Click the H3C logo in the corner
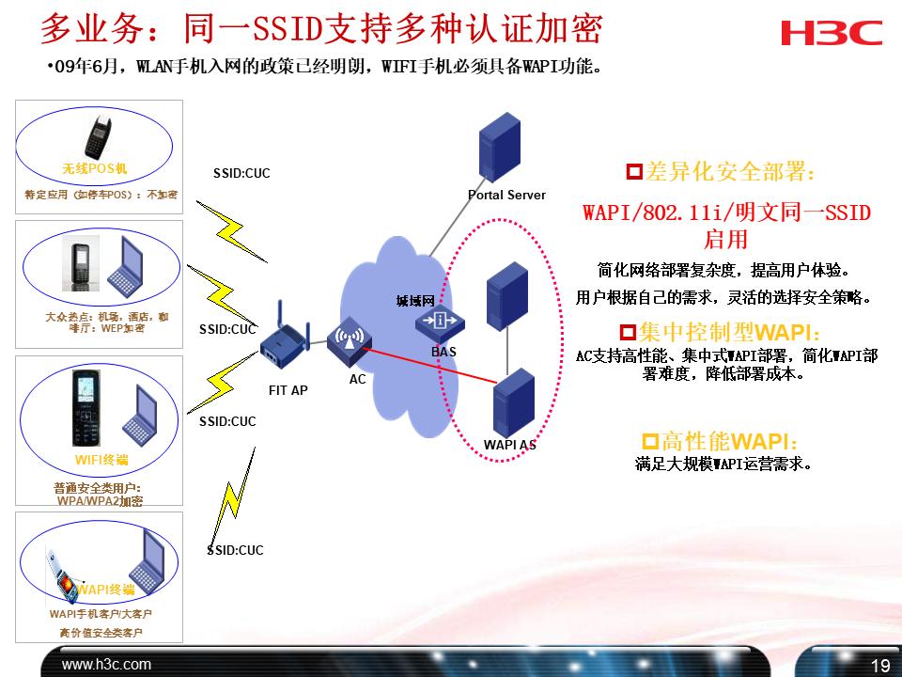click(x=831, y=33)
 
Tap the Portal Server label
click(x=506, y=195)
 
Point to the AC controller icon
click(x=348, y=344)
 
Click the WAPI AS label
click(x=509, y=445)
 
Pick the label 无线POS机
click(x=94, y=169)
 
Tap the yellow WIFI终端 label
click(x=101, y=460)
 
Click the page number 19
click(x=880, y=667)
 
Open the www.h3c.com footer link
click(x=106, y=665)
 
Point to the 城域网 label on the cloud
click(x=415, y=301)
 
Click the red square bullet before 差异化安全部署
click(x=634, y=172)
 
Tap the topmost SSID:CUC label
click(x=241, y=173)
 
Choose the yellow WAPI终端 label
click(x=106, y=590)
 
